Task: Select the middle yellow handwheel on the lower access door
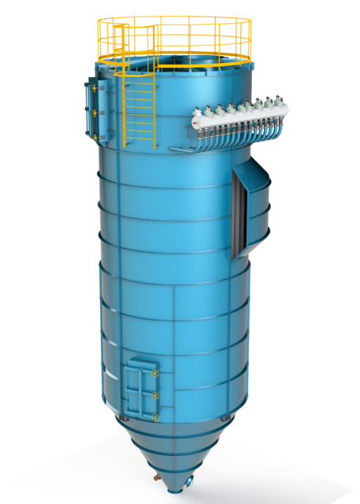click(x=155, y=395)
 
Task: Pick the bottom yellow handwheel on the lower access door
click(x=155, y=416)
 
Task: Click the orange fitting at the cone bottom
click(x=156, y=477)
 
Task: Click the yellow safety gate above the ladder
click(x=118, y=39)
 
